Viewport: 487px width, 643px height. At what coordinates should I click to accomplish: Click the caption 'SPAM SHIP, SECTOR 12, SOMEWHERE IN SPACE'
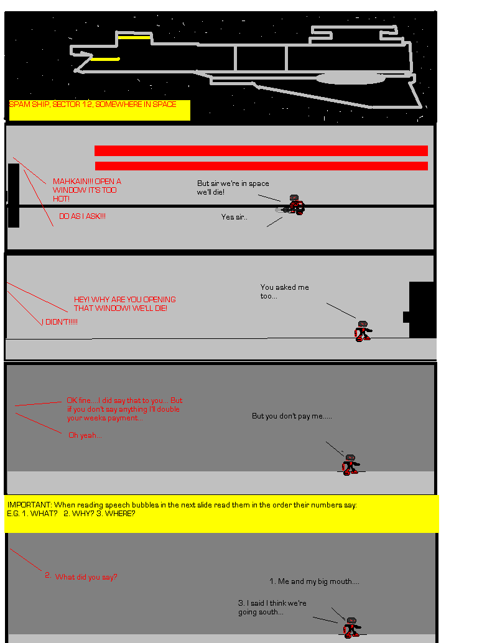(93, 104)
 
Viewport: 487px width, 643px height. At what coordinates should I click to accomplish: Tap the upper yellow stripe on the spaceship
(134, 37)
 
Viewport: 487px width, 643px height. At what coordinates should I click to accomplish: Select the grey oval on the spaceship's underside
(350, 78)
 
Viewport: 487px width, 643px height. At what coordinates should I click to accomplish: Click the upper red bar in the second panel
(261, 150)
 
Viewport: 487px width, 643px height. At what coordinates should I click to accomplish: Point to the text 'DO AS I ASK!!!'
(83, 216)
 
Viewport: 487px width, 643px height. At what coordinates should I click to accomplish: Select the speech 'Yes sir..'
(234, 217)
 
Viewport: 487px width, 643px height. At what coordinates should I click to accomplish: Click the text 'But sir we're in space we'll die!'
(233, 187)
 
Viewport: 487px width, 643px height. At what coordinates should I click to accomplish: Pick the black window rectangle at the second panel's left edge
(14, 195)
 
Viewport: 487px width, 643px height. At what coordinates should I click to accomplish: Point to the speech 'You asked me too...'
(285, 291)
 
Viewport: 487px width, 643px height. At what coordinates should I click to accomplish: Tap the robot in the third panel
(363, 331)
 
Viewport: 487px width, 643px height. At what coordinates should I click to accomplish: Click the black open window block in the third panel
(421, 310)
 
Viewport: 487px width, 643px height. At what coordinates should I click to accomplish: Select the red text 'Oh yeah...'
(85, 435)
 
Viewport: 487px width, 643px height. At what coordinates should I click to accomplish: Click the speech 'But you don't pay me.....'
(292, 416)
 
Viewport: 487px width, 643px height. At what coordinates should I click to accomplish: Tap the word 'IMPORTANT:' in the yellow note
(29, 505)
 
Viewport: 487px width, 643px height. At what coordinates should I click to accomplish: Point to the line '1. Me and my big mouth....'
(314, 581)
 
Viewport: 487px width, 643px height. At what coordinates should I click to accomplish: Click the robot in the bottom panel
(351, 627)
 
